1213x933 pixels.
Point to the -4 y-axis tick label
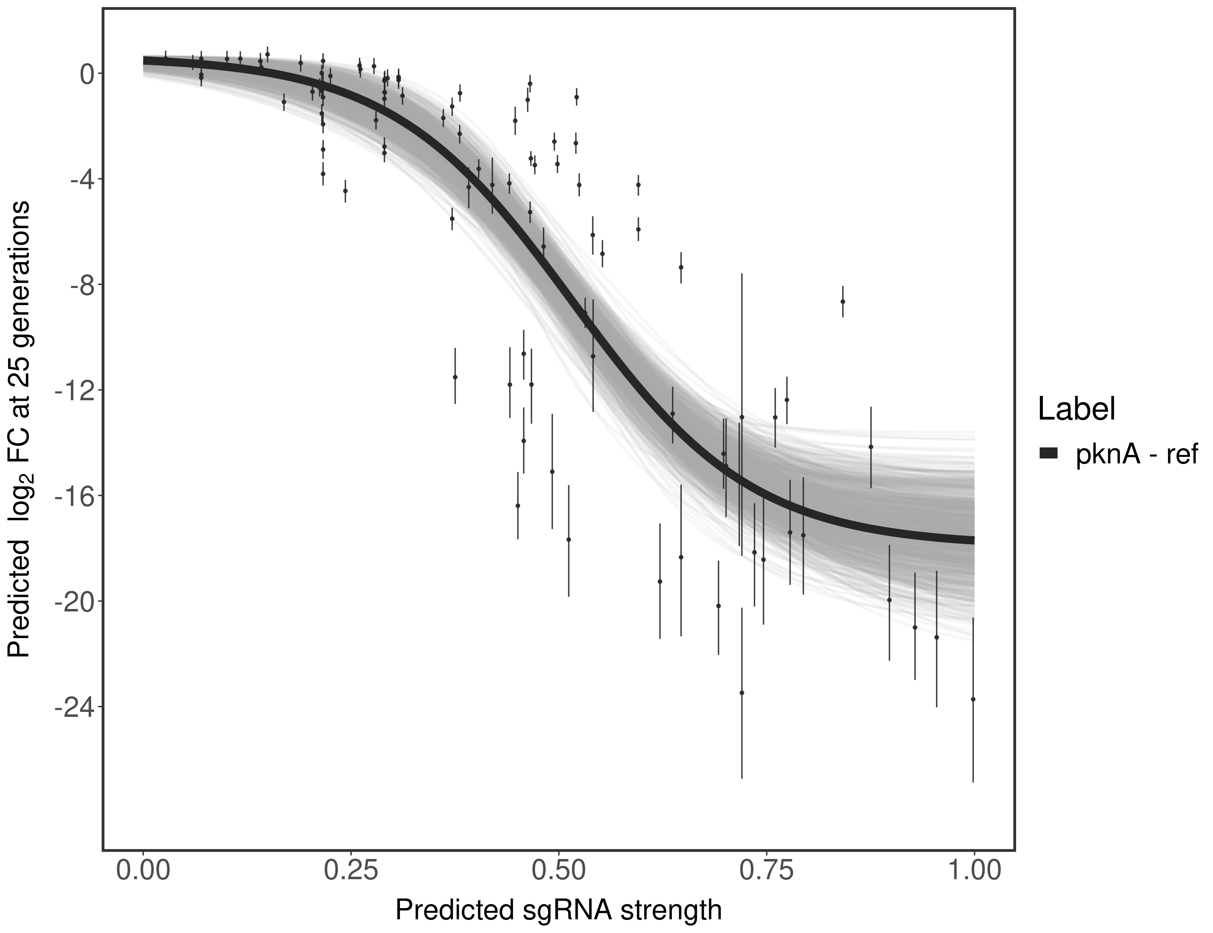81,179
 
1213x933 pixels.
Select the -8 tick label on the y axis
81,285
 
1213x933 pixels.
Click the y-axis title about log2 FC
19,429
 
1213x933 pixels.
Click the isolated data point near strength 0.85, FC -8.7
843,302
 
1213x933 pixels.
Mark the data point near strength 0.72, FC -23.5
741,693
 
